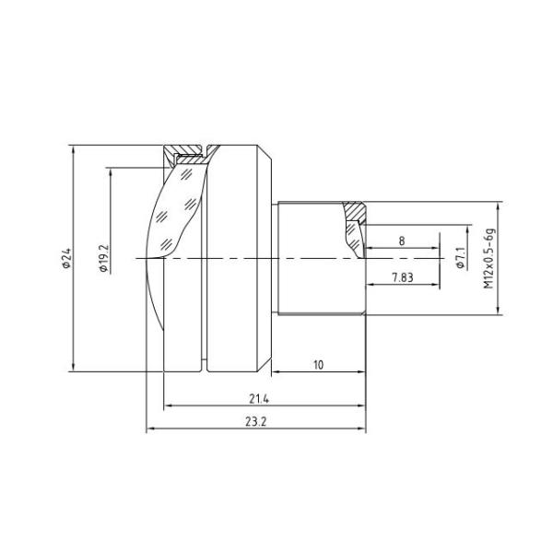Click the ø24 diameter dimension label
coord(65,258)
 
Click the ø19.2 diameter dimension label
coord(103,258)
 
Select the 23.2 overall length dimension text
coord(258,421)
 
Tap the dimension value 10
coord(318,365)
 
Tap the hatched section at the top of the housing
coord(189,149)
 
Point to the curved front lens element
coord(175,230)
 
